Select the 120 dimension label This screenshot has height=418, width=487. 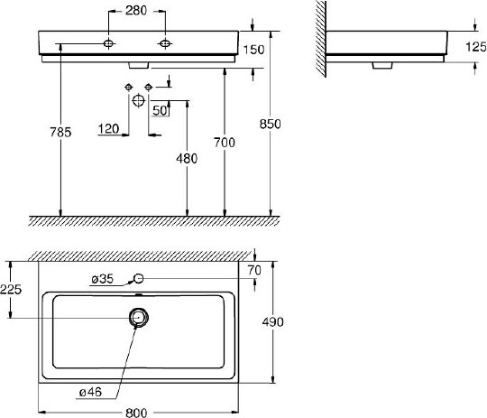pos(108,130)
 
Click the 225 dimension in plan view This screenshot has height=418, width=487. pos(11,290)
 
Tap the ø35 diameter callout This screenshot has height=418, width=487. pos(102,280)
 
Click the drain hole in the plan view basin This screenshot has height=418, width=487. pos(138,317)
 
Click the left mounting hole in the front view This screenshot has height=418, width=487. pos(108,43)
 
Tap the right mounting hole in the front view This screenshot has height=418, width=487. pos(165,43)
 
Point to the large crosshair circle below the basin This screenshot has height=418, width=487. pos(138,100)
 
